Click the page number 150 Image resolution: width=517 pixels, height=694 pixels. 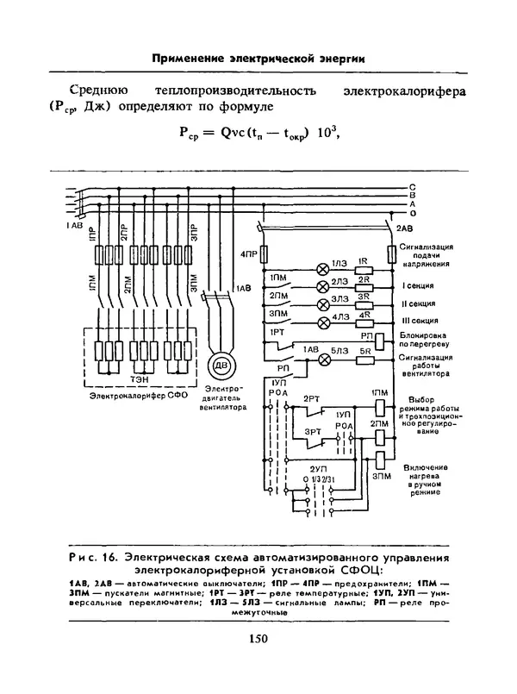(258, 639)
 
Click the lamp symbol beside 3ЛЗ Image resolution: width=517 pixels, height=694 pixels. (323, 305)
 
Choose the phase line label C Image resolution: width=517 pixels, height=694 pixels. (414, 187)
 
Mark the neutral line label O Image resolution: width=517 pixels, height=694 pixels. (414, 213)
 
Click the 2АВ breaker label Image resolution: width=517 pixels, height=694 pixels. (404, 228)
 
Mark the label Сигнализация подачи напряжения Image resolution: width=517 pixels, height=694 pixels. (421, 256)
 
